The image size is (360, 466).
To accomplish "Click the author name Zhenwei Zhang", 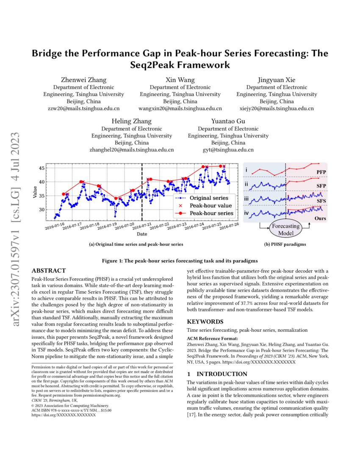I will point(84,80).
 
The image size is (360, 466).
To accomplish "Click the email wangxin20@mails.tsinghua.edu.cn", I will point(180,108).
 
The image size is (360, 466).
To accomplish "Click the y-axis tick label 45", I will point(42,168).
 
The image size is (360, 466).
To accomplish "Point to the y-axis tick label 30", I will point(42,210).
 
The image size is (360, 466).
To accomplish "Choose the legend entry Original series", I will point(209,198).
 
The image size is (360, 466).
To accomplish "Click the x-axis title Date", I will point(142,234).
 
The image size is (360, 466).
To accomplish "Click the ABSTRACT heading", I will point(49,271).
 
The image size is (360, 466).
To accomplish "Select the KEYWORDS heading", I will point(205,322).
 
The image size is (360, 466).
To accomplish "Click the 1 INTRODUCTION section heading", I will point(217,374).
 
